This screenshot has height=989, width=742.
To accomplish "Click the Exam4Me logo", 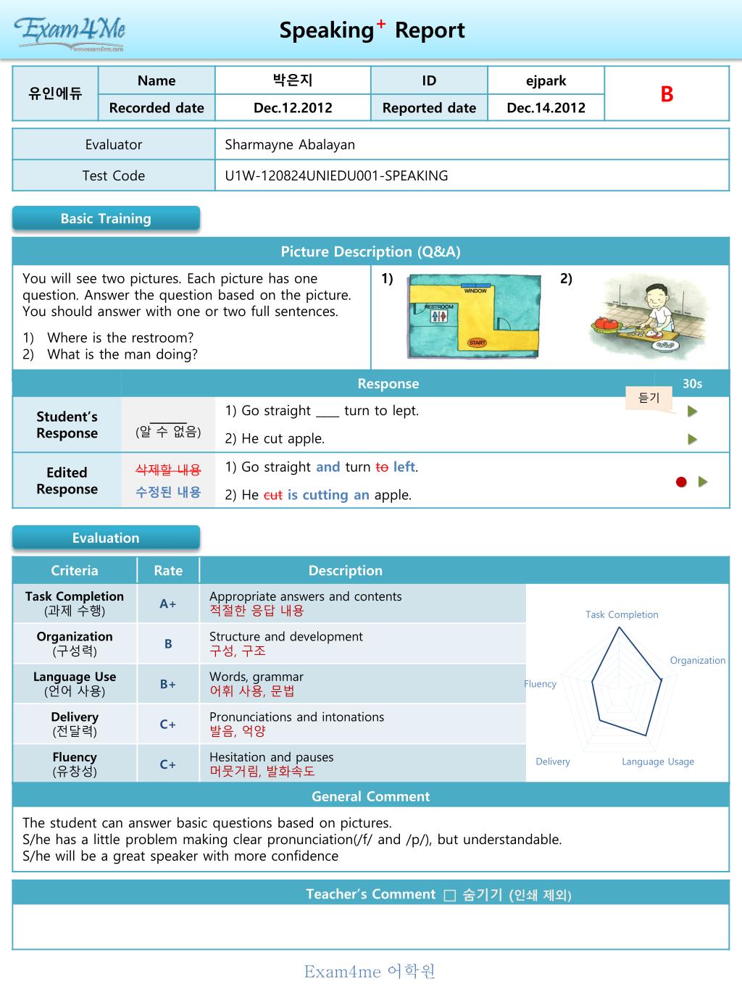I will coord(70,32).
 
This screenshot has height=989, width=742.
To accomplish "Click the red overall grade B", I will coord(667,94).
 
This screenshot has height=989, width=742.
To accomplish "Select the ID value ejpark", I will coord(546,80).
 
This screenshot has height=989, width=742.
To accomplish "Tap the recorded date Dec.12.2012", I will coord(293,108).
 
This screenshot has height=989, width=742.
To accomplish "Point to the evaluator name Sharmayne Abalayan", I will coord(290,144).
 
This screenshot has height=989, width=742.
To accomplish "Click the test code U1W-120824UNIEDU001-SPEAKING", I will coord(336,175).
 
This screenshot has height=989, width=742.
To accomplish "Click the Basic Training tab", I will coord(106,219).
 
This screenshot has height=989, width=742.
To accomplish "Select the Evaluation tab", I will coord(106,538).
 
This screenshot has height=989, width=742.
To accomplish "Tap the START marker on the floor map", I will coord(477,343).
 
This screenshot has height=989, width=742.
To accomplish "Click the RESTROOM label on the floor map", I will coord(439,307).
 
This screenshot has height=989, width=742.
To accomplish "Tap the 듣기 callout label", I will coord(649,398).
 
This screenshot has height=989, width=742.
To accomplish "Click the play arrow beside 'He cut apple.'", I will coord(693,439).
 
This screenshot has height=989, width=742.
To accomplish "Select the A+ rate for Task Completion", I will coord(168,604).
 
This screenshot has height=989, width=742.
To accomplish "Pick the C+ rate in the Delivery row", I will coord(168,724).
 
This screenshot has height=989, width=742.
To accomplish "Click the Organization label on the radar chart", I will coord(697,660).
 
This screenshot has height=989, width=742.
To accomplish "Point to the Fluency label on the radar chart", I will coord(541,683).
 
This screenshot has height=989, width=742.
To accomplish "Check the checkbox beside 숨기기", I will coord(449,896).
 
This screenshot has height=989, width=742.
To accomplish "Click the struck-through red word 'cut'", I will coord(272,496).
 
